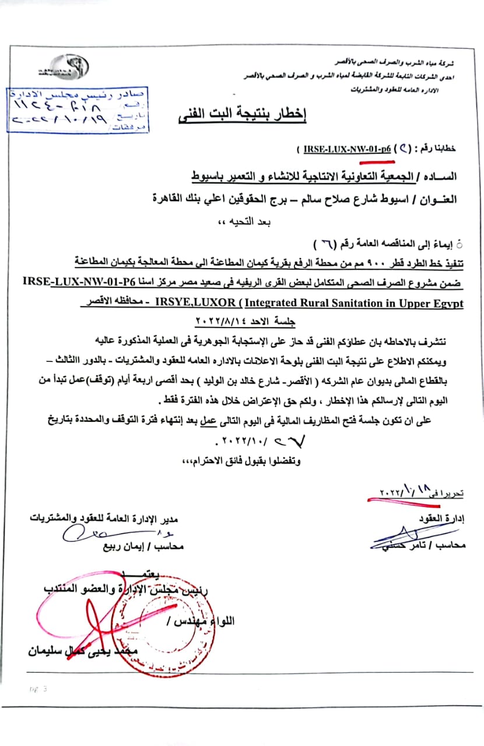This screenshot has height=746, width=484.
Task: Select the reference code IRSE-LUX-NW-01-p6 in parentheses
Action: click(x=347, y=149)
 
